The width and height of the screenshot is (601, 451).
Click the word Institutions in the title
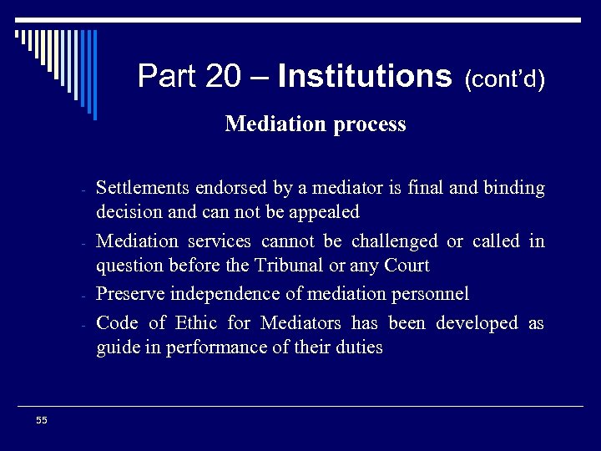(365, 77)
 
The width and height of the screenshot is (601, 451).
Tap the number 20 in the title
(221, 77)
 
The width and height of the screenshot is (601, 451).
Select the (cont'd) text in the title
(505, 79)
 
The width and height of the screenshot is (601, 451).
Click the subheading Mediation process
(316, 124)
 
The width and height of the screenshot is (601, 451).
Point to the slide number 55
(42, 420)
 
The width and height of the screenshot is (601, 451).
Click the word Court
(408, 266)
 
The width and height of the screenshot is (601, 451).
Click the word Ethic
(194, 322)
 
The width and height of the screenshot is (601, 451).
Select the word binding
(513, 188)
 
